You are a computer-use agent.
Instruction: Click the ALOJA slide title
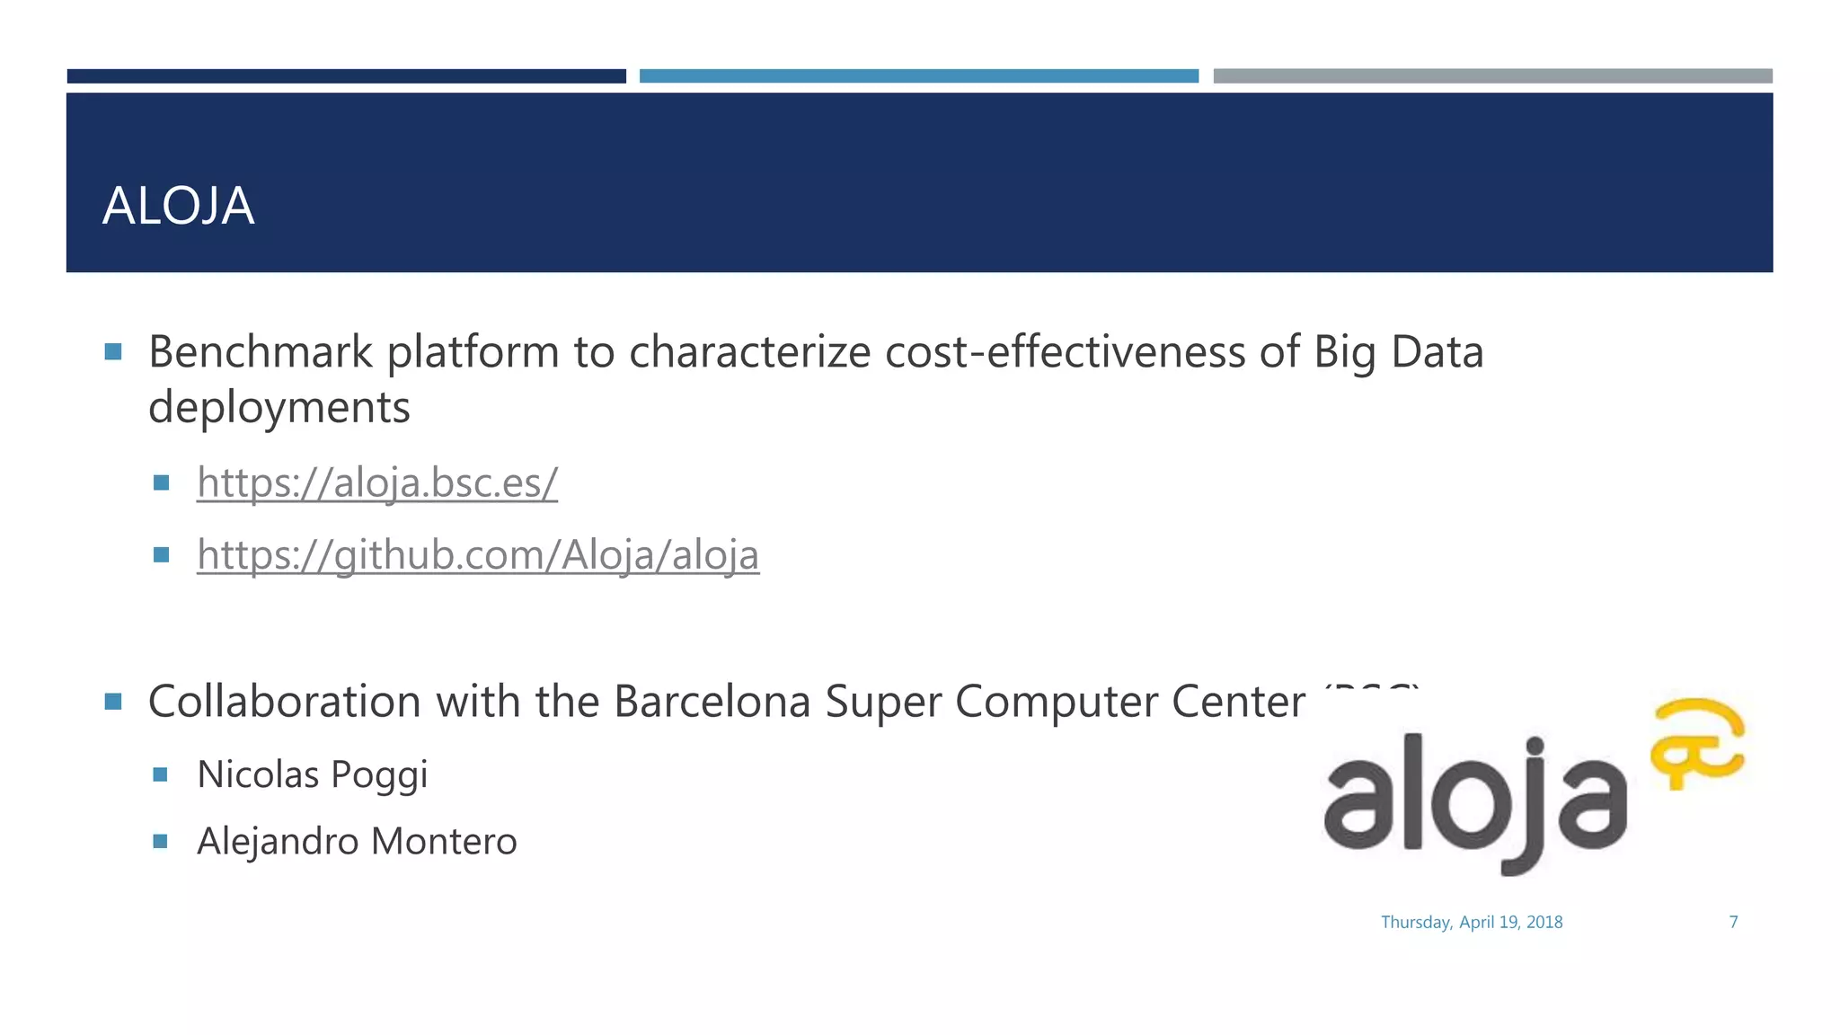(x=178, y=206)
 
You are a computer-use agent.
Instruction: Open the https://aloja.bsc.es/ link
(x=377, y=482)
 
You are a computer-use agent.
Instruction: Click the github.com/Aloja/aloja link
(x=478, y=554)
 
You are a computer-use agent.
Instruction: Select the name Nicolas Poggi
(x=312, y=774)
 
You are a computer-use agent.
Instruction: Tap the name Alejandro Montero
(x=357, y=842)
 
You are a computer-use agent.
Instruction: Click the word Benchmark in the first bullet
(x=260, y=351)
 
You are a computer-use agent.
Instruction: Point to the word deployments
(x=279, y=407)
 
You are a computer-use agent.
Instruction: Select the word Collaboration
(x=284, y=701)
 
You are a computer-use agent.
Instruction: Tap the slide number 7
(x=1733, y=922)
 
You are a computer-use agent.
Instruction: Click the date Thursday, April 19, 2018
(x=1472, y=922)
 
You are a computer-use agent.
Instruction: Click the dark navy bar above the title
(x=346, y=76)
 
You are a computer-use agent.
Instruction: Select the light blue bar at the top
(x=918, y=76)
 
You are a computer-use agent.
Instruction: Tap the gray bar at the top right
(x=1492, y=76)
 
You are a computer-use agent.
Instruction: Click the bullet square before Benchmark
(x=113, y=351)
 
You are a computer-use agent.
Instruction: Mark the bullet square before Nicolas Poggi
(x=161, y=774)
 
